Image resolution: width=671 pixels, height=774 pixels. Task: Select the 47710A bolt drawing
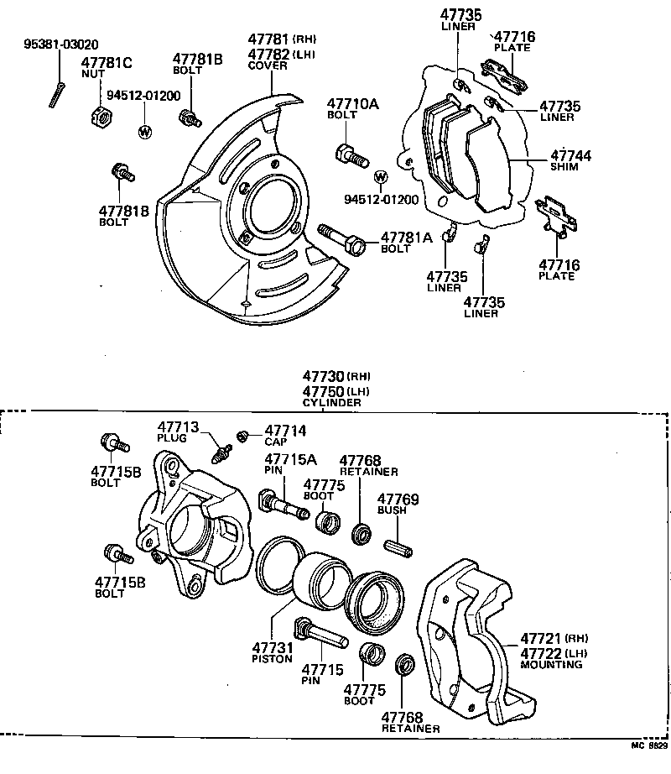pyautogui.click(x=350, y=155)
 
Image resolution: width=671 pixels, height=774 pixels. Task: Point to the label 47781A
pyautogui.click(x=406, y=238)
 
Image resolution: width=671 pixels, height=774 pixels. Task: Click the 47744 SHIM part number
pyautogui.click(x=570, y=156)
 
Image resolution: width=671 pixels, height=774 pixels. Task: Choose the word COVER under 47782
pyautogui.click(x=268, y=65)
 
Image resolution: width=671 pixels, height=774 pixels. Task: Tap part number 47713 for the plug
pyautogui.click(x=176, y=427)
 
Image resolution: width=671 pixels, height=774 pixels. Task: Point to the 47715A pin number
pyautogui.click(x=290, y=459)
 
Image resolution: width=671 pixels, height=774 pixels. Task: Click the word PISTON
pyautogui.click(x=272, y=659)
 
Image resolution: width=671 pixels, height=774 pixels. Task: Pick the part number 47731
pyautogui.click(x=272, y=647)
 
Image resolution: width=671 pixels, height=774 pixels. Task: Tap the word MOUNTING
pyautogui.click(x=551, y=664)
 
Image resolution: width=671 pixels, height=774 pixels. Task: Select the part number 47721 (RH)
pyautogui.click(x=542, y=638)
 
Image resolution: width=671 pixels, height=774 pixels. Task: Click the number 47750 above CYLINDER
pyautogui.click(x=324, y=392)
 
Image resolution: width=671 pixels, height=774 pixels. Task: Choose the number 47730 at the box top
pyautogui.click(x=324, y=378)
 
